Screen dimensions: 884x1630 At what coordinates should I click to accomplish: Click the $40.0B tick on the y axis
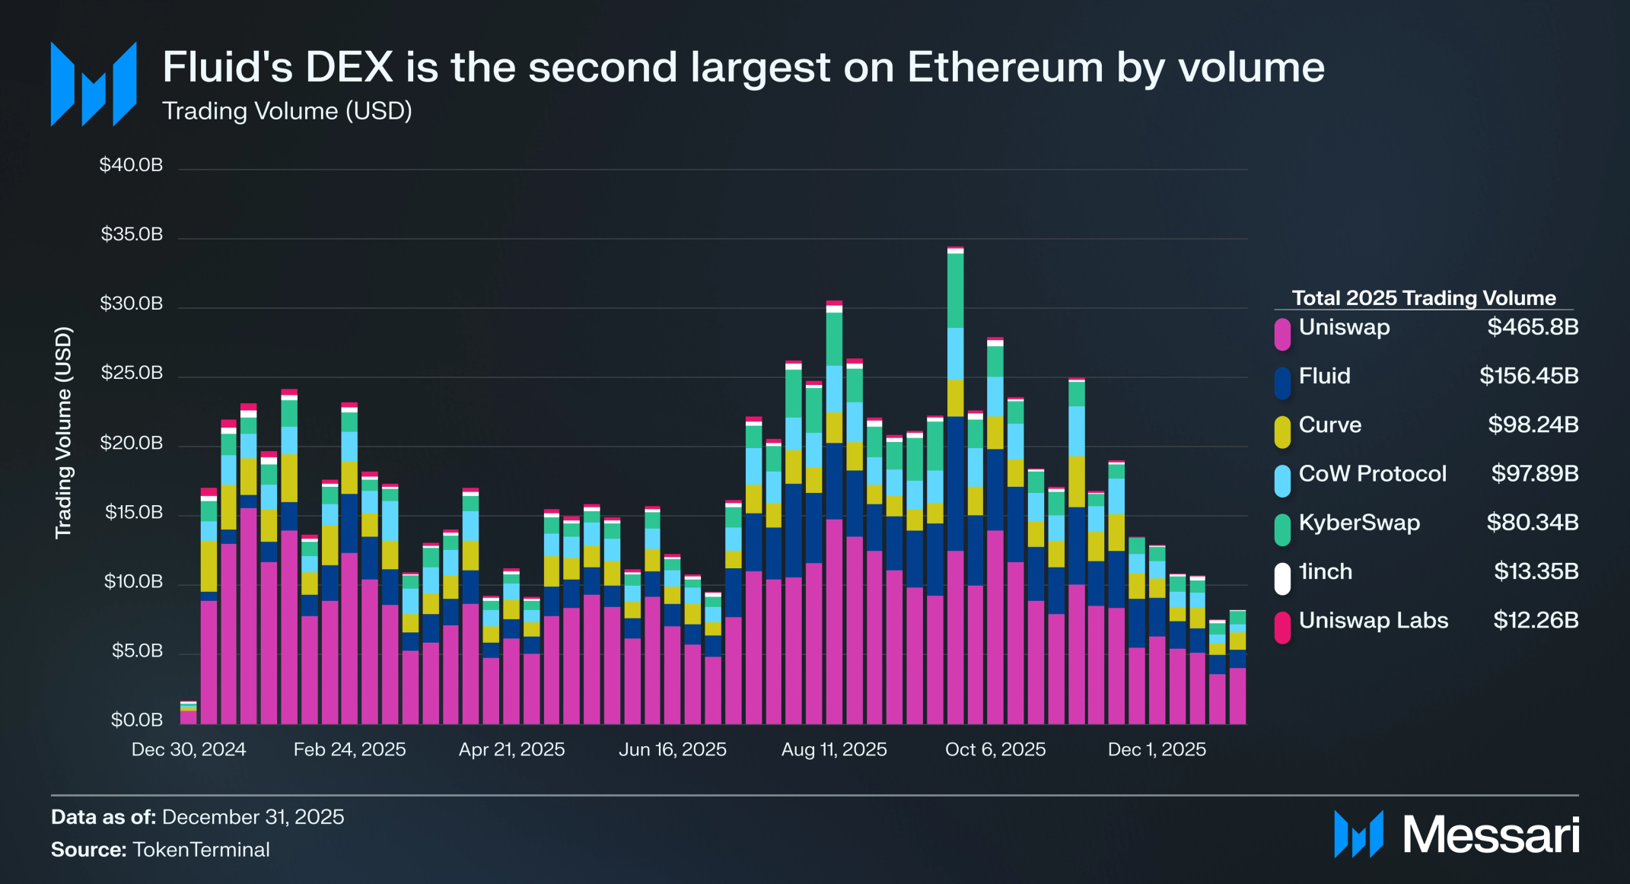click(x=131, y=165)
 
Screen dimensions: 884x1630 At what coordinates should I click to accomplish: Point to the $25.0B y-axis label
click(x=131, y=373)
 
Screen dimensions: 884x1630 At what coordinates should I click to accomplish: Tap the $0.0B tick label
click(x=136, y=720)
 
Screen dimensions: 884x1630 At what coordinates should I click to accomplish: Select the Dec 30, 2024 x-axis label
click(x=189, y=749)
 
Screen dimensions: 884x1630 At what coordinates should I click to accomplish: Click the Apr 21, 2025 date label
click(x=511, y=749)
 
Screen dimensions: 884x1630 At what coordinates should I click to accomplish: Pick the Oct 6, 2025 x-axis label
click(x=995, y=749)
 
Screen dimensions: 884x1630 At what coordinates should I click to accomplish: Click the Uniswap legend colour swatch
click(x=1282, y=334)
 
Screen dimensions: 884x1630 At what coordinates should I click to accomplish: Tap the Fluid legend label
click(x=1324, y=376)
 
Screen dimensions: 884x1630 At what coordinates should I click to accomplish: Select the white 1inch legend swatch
click(x=1282, y=578)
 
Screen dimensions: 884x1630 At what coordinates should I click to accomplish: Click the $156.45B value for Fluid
click(x=1529, y=376)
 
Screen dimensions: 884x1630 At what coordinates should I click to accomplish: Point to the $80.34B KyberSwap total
click(x=1532, y=523)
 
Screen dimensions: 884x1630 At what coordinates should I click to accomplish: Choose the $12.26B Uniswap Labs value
click(x=1536, y=620)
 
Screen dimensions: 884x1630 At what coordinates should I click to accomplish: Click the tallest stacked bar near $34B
click(x=956, y=487)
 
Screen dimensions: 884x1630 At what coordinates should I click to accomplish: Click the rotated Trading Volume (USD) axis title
click(x=63, y=433)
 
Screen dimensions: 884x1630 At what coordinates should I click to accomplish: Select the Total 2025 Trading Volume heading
click(x=1424, y=298)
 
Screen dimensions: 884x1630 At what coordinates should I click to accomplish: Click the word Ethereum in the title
click(x=1005, y=67)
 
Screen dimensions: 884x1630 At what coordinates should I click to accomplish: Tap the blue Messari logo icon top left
click(x=94, y=84)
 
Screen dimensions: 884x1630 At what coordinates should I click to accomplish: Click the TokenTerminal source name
click(x=201, y=850)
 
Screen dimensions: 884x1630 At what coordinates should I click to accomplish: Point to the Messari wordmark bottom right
click(x=1491, y=835)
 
